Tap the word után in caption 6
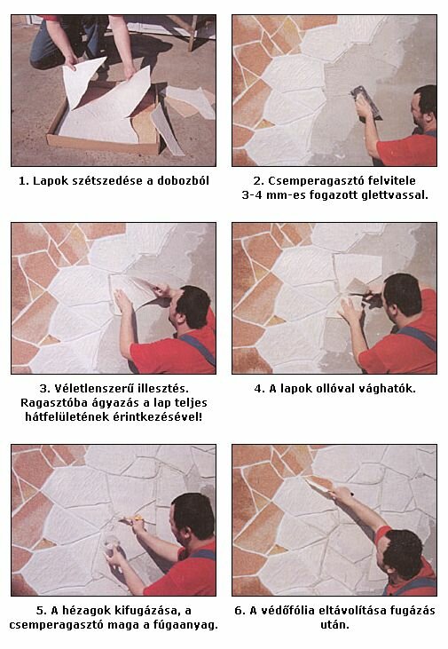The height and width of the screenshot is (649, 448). pos(334,624)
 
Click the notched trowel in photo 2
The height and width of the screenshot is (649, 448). pos(366,102)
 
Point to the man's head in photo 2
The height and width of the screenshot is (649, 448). pos(424,107)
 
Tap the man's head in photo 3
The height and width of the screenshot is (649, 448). pos(190,307)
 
